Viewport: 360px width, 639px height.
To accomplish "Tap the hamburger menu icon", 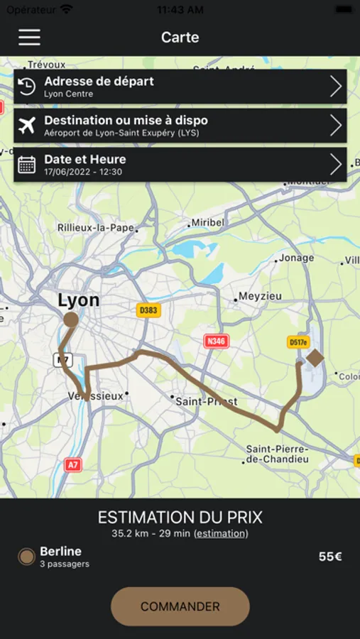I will pyautogui.click(x=29, y=37).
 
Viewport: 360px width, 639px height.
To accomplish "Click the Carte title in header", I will pyautogui.click(x=180, y=37).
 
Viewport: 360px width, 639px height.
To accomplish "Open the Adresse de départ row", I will pyautogui.click(x=180, y=87).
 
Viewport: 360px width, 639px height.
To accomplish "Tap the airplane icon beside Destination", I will pyautogui.click(x=27, y=126).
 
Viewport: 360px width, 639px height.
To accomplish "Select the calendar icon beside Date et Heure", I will pyautogui.click(x=27, y=165).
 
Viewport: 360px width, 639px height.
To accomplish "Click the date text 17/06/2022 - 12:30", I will pyautogui.click(x=83, y=172).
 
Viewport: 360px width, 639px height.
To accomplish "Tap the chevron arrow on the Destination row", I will pyautogui.click(x=336, y=126).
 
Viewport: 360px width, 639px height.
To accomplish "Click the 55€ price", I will pyautogui.click(x=330, y=557).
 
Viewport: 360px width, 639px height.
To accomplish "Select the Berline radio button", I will pyautogui.click(x=27, y=557).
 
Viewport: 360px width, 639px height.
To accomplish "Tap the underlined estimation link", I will pyautogui.click(x=221, y=533).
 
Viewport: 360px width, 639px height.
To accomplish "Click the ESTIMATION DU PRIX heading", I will pyautogui.click(x=180, y=517).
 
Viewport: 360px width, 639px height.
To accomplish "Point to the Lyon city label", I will pyautogui.click(x=78, y=300).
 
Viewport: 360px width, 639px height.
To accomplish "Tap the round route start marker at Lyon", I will pyautogui.click(x=71, y=319).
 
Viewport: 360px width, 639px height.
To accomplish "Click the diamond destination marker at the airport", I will pyautogui.click(x=315, y=357).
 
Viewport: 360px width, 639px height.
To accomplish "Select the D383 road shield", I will pyautogui.click(x=148, y=310).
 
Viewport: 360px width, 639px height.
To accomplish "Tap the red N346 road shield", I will pyautogui.click(x=217, y=341).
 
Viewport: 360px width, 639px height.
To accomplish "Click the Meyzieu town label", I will pyautogui.click(x=260, y=296).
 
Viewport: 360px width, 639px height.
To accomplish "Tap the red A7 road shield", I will pyautogui.click(x=72, y=464).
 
